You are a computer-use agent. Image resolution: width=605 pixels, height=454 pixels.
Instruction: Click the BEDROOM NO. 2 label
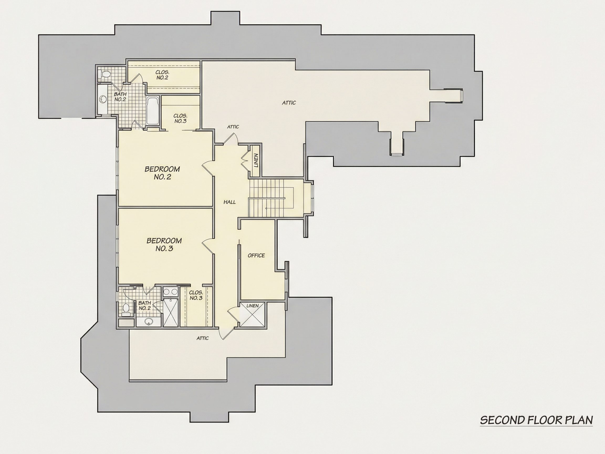click(x=162, y=173)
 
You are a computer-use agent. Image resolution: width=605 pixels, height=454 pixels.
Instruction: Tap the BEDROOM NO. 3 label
click(x=164, y=245)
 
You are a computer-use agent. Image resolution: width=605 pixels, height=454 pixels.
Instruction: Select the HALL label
click(x=230, y=202)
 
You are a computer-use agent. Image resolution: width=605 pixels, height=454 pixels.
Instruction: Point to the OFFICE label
click(x=256, y=255)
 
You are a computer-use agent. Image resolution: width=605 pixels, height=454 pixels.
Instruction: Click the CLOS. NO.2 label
click(x=162, y=75)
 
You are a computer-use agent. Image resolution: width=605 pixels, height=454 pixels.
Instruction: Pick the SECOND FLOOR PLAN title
click(x=536, y=420)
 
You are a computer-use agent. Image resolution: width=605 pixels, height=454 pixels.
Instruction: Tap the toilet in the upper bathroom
click(x=105, y=74)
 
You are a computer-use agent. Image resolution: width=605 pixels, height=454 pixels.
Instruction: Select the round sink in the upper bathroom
click(x=103, y=99)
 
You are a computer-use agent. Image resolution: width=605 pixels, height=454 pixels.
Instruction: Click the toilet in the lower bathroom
click(x=126, y=308)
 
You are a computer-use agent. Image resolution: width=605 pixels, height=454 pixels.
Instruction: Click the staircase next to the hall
click(x=271, y=198)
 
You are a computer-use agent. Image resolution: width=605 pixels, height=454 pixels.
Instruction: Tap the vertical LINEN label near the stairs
click(x=256, y=161)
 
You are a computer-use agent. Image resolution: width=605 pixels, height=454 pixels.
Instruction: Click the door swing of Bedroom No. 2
click(x=208, y=168)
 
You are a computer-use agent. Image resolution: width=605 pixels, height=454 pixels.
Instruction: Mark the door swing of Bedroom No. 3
click(x=208, y=245)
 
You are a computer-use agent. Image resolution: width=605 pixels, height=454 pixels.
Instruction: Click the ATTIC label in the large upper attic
click(x=289, y=103)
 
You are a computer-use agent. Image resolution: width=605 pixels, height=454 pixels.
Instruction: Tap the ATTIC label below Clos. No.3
click(x=202, y=338)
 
